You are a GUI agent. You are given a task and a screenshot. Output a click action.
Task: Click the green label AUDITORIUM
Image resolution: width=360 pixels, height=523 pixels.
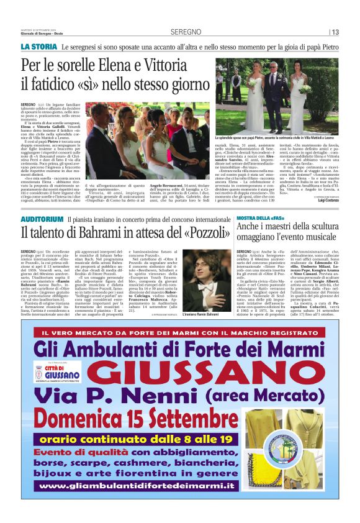[42, 220]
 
